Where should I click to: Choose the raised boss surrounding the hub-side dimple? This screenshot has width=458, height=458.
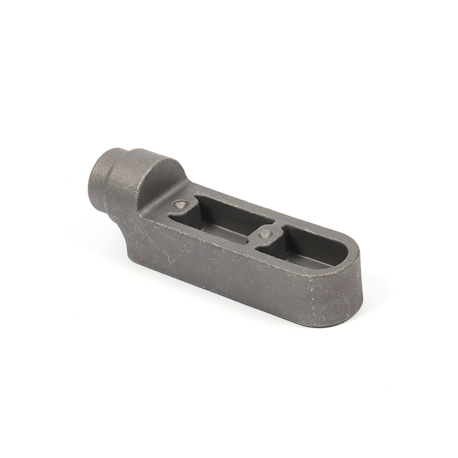[x=179, y=210]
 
